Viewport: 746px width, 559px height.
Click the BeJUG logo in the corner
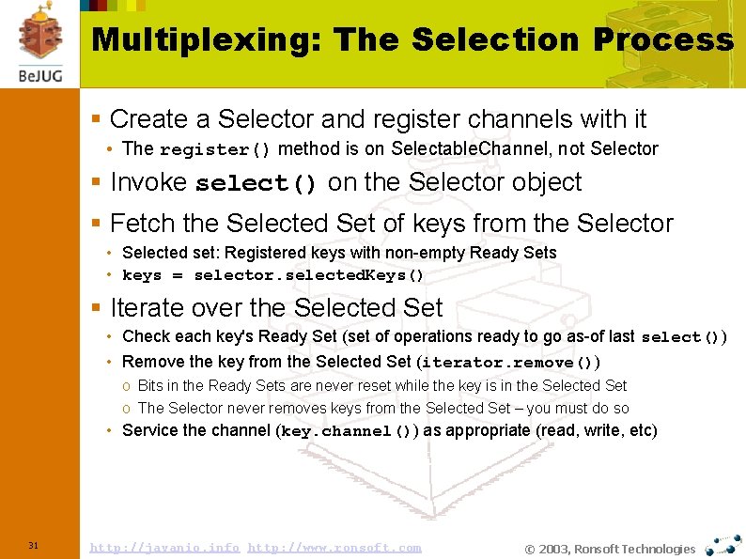39,42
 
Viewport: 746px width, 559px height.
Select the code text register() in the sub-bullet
215,149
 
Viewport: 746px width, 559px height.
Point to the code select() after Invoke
256,183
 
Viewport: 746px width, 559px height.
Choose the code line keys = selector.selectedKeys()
273,276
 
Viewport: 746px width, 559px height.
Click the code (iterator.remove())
508,363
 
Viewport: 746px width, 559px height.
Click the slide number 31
33,546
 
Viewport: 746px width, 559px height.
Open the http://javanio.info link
163,548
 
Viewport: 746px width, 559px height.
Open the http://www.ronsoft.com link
334,548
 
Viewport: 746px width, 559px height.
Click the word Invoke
148,182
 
